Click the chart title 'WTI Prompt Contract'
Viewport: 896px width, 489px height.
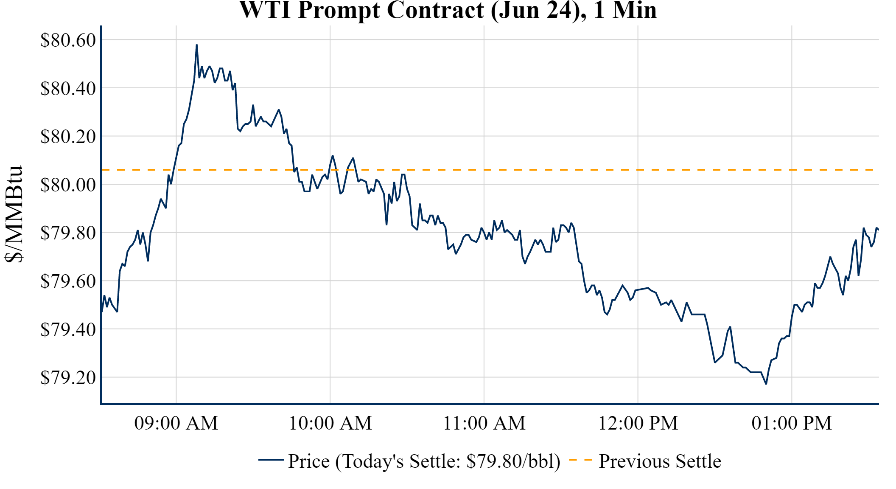(x=448, y=10)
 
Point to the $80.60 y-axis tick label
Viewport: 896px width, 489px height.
(x=68, y=40)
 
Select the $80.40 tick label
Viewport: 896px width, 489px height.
(x=68, y=88)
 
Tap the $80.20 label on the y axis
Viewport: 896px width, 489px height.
(x=68, y=137)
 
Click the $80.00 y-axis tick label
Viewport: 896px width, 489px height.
(x=68, y=185)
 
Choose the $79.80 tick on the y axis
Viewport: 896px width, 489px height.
(x=68, y=233)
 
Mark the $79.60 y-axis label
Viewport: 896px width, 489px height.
(x=68, y=281)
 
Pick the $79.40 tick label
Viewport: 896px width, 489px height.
(x=68, y=329)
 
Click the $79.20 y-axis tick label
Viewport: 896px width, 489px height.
(x=68, y=377)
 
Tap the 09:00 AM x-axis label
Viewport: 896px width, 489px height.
(x=176, y=423)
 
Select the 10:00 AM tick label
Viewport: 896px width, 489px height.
(x=330, y=423)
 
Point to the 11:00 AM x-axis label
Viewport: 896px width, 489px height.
(x=484, y=423)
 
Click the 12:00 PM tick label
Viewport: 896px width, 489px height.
(x=638, y=423)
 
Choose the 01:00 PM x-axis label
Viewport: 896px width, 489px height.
(x=792, y=423)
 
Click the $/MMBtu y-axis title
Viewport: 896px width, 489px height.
(x=14, y=214)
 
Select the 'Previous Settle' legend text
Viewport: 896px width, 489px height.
(x=660, y=461)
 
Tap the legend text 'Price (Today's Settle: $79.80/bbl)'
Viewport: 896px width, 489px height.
(x=424, y=461)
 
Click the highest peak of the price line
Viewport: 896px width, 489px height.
(x=196, y=45)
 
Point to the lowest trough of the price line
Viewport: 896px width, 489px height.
(x=766, y=384)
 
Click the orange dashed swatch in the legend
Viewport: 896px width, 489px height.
(x=580, y=460)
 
